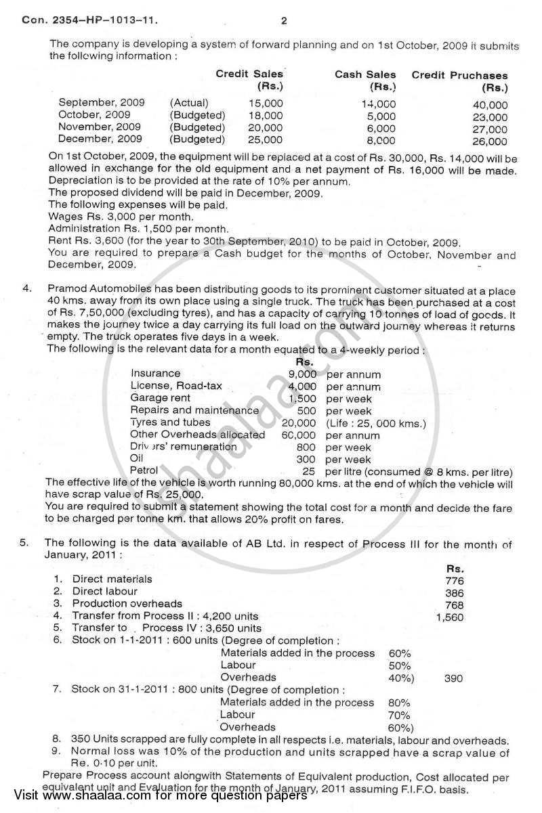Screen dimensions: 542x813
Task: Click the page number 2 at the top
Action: pos(284,21)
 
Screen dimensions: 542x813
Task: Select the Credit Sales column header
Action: pos(249,74)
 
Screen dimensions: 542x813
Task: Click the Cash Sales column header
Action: pos(365,74)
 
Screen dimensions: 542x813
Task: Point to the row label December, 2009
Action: pos(100,139)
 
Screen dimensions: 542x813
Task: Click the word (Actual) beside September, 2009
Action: pos(190,103)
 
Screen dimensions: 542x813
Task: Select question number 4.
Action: pos(28,288)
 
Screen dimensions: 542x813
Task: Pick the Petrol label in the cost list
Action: pos(144,470)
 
